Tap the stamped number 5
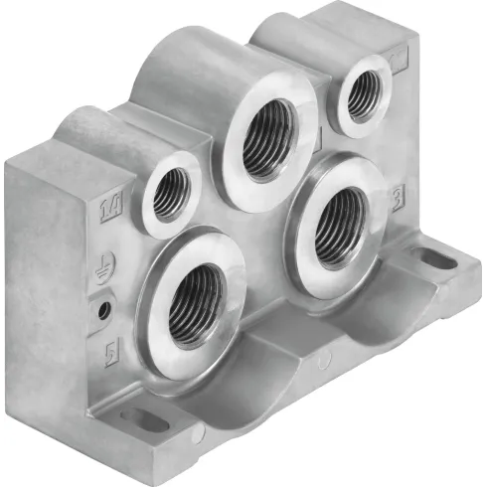click(111, 352)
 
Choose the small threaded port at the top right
click(362, 90)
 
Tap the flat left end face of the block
click(40, 288)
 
